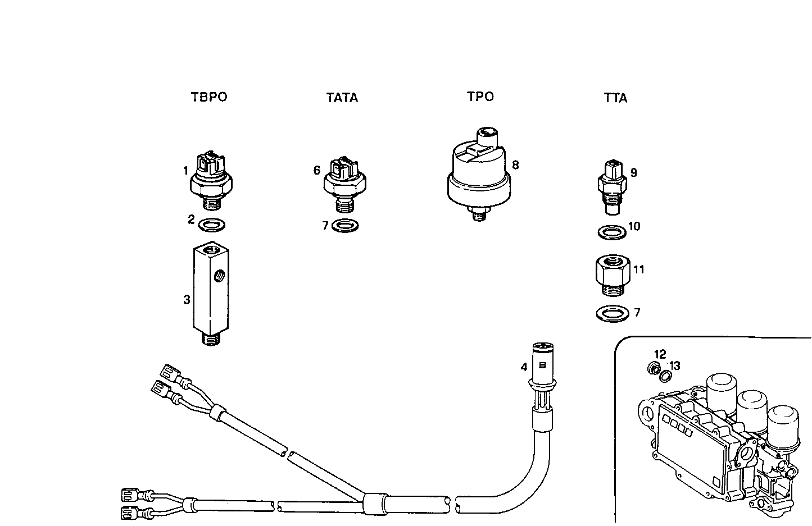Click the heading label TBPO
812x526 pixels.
209,97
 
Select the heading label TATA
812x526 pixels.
342,98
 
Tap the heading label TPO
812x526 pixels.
480,97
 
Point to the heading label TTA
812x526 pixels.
615,98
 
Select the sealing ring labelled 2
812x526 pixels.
212,225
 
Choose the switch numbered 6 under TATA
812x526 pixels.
344,182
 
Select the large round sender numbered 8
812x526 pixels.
479,171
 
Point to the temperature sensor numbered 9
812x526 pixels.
611,185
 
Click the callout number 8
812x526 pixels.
515,165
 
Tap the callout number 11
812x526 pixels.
639,269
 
